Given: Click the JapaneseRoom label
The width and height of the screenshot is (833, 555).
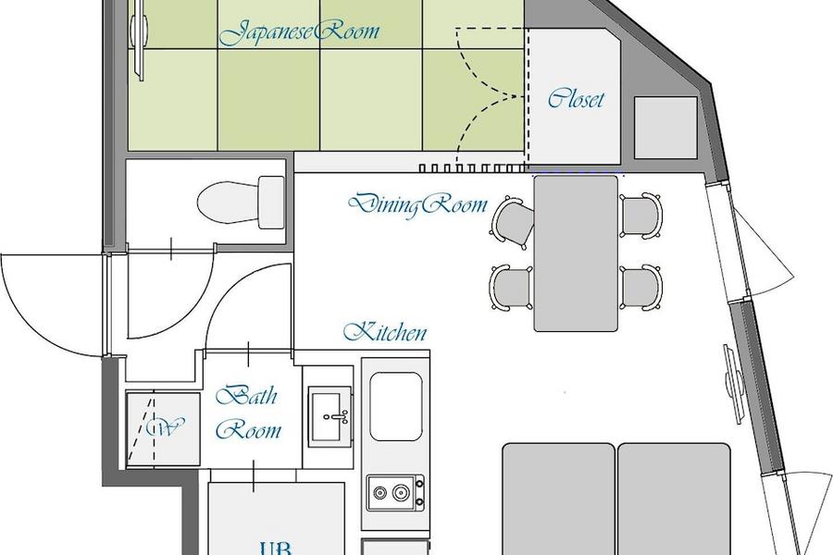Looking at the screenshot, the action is pos(299,31).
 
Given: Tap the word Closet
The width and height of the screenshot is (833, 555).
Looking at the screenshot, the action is pos(576,99).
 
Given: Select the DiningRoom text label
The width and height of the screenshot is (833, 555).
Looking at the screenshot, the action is pos(417,204).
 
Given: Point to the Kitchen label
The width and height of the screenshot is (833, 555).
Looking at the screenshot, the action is pos(385,332).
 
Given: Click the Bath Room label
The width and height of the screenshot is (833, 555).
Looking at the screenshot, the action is pos(249,413).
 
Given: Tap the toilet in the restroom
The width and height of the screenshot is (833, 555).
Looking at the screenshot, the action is pos(242,203).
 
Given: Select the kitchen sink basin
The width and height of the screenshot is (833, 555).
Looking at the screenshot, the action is pos(396,406).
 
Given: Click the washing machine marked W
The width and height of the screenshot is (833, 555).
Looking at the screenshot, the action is pos(164,429).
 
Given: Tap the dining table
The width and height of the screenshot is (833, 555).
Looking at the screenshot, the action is pos(576,253).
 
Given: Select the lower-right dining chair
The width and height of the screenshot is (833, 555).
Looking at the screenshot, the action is pos(640,288).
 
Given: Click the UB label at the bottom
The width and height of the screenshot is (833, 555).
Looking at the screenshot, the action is pos(275,549).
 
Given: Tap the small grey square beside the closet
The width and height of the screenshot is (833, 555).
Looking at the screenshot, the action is pos(665,128).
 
